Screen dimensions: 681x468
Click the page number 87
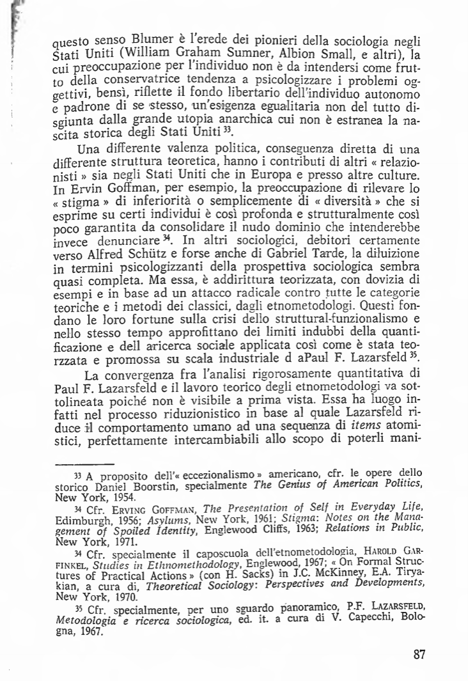click(x=419, y=654)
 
